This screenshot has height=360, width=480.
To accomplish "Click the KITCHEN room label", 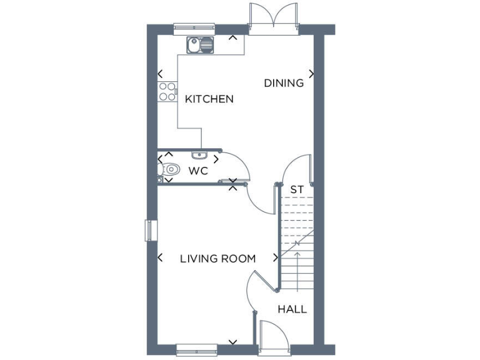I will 209,99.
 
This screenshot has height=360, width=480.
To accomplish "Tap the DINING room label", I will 284,82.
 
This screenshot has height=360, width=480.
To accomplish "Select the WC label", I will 198,170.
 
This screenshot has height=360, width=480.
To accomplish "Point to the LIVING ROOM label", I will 217,258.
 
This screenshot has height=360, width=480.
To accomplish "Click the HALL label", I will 292,309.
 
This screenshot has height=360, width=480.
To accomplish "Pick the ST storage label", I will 297,189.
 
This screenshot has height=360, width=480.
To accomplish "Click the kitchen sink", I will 200,44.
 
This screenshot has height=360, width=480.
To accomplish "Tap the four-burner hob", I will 167,92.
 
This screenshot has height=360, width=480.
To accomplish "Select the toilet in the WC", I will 171,169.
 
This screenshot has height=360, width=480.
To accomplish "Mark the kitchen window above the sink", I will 194,27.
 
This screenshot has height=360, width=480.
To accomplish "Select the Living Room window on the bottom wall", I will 196,347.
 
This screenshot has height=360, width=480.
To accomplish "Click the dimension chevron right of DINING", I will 311,74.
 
